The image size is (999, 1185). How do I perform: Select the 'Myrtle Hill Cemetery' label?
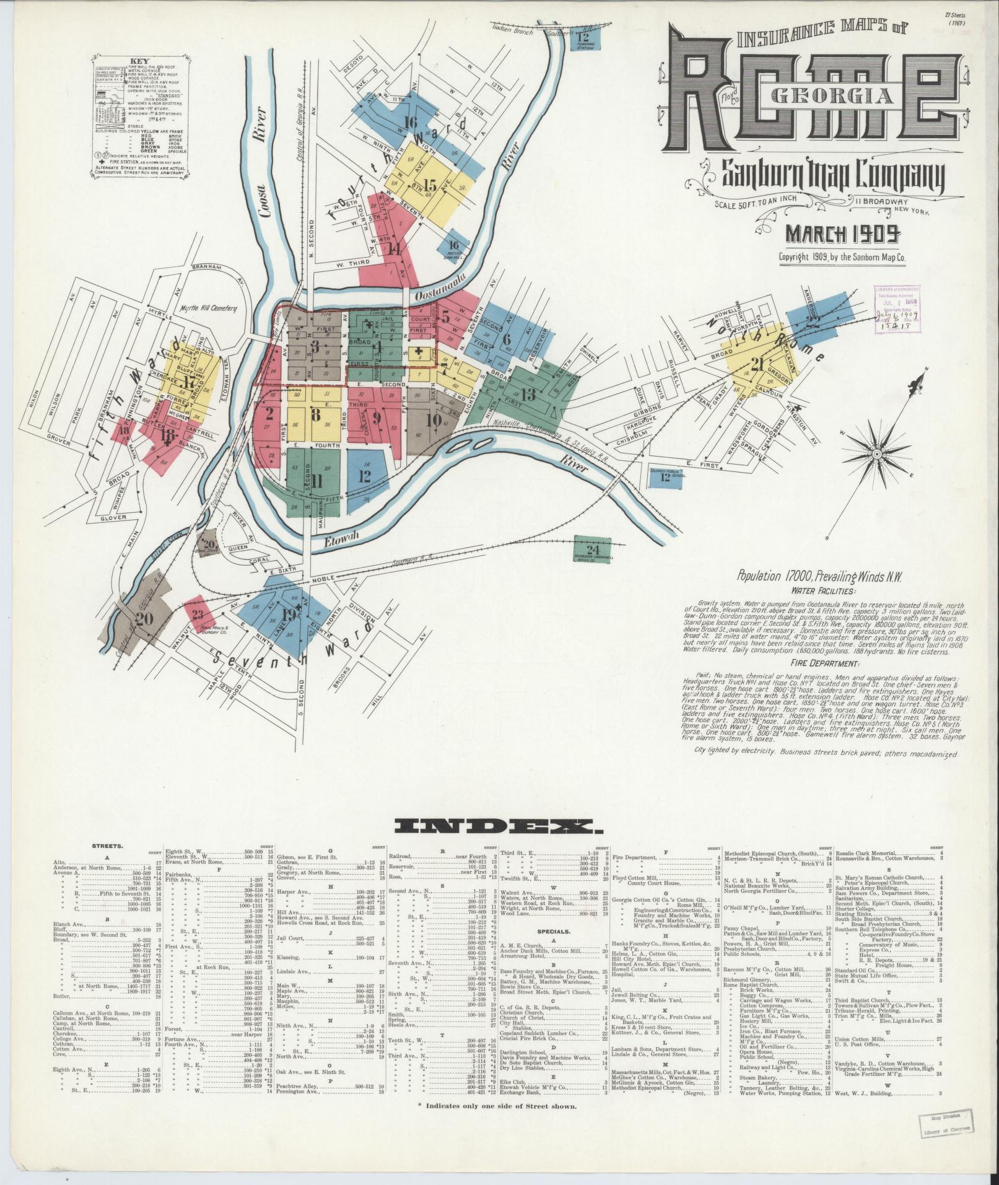[208, 308]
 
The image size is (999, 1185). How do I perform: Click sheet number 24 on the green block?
[593, 549]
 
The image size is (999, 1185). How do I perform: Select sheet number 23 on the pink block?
[198, 614]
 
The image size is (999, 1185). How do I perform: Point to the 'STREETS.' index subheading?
[107, 845]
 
